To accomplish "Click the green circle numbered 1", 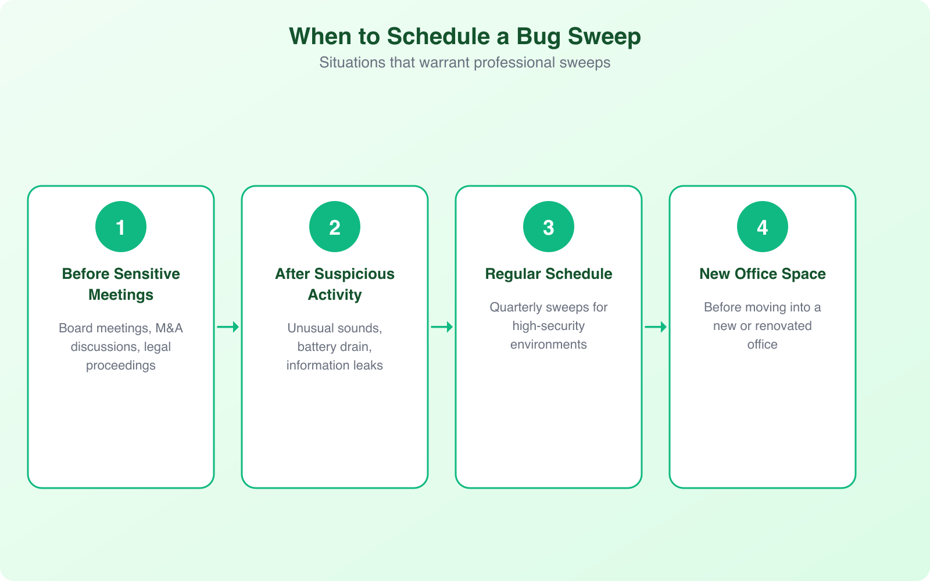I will pyautogui.click(x=121, y=227).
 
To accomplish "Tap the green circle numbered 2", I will pyautogui.click(x=335, y=227).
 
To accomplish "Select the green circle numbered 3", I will pyautogui.click(x=549, y=227).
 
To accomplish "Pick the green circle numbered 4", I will pyautogui.click(x=763, y=227).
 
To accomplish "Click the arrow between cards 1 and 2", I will pyautogui.click(x=228, y=327).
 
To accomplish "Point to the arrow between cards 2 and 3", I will pyautogui.click(x=442, y=327).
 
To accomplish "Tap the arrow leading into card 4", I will pyautogui.click(x=656, y=327).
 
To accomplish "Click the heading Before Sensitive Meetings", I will pyautogui.click(x=121, y=284).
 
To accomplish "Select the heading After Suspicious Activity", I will pyautogui.click(x=335, y=284).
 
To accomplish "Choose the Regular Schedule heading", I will pyautogui.click(x=549, y=274).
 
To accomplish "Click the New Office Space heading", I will pyautogui.click(x=763, y=274).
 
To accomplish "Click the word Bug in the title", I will pyautogui.click(x=538, y=37).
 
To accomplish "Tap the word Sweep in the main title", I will pyautogui.click(x=604, y=37).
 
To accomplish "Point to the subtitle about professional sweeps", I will pyautogui.click(x=465, y=63).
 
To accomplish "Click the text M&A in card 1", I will pyautogui.click(x=169, y=328).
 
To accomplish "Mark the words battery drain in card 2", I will pyautogui.click(x=334, y=347).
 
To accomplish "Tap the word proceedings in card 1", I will pyautogui.click(x=121, y=365).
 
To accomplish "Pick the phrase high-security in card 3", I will pyautogui.click(x=548, y=326).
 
